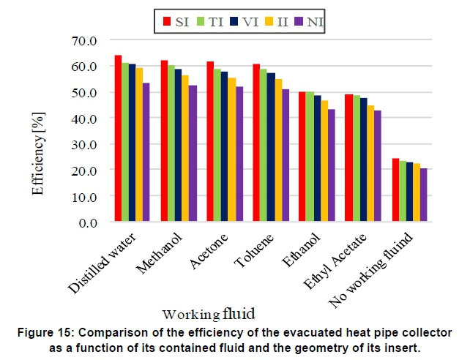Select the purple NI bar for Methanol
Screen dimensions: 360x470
(x=193, y=153)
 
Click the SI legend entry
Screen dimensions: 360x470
(x=176, y=21)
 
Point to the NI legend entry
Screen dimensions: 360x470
(x=308, y=21)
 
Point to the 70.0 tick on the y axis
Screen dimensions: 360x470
(x=83, y=40)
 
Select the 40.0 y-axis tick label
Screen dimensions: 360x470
(x=83, y=119)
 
